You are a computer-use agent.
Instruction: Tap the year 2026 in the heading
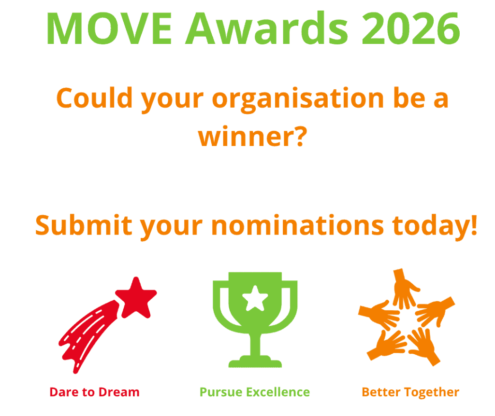pyautogui.click(x=411, y=28)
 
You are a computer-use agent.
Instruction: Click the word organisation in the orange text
pyautogui.click(x=298, y=99)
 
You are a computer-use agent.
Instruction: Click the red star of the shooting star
pyautogui.click(x=136, y=297)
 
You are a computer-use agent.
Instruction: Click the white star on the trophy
pyautogui.click(x=255, y=298)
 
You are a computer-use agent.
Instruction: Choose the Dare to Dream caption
pyautogui.click(x=94, y=392)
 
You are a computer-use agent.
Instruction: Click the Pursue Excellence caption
pyautogui.click(x=255, y=392)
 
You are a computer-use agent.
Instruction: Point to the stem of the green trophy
pyautogui.click(x=255, y=344)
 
